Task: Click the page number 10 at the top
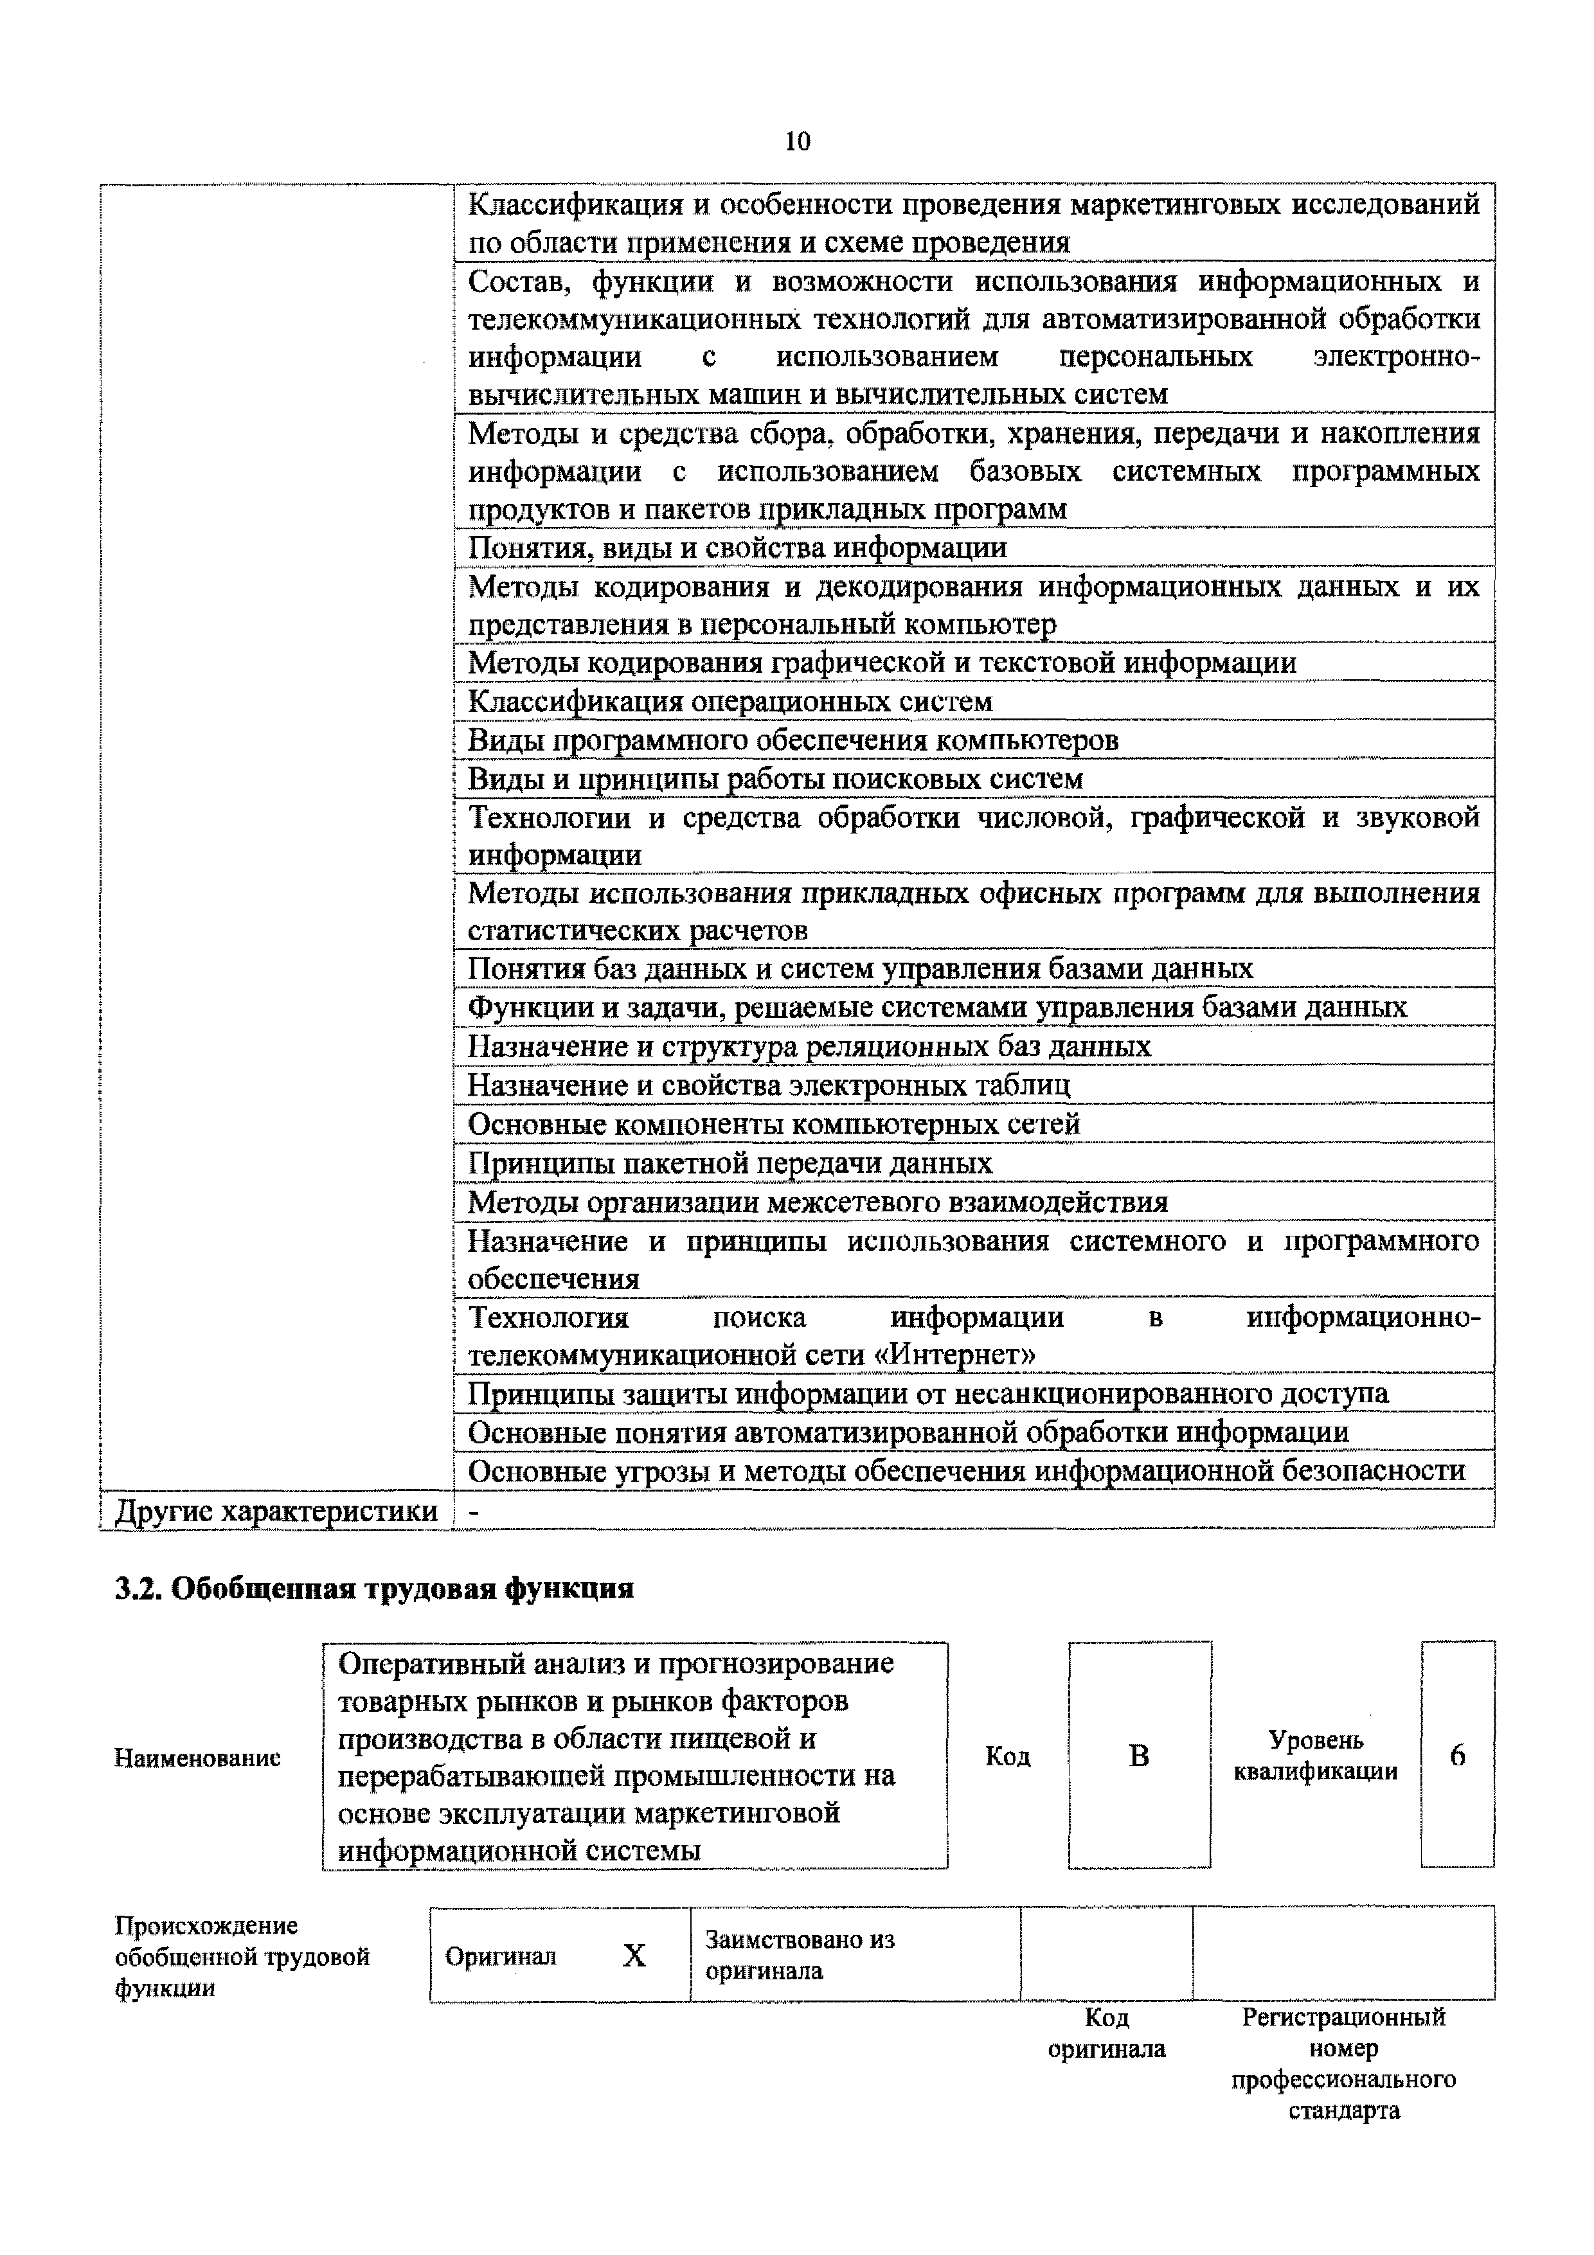point(798,141)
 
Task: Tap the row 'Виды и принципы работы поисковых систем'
point(775,779)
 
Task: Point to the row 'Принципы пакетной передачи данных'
point(730,1164)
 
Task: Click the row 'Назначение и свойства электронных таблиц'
point(768,1085)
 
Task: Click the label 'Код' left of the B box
point(1008,1757)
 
